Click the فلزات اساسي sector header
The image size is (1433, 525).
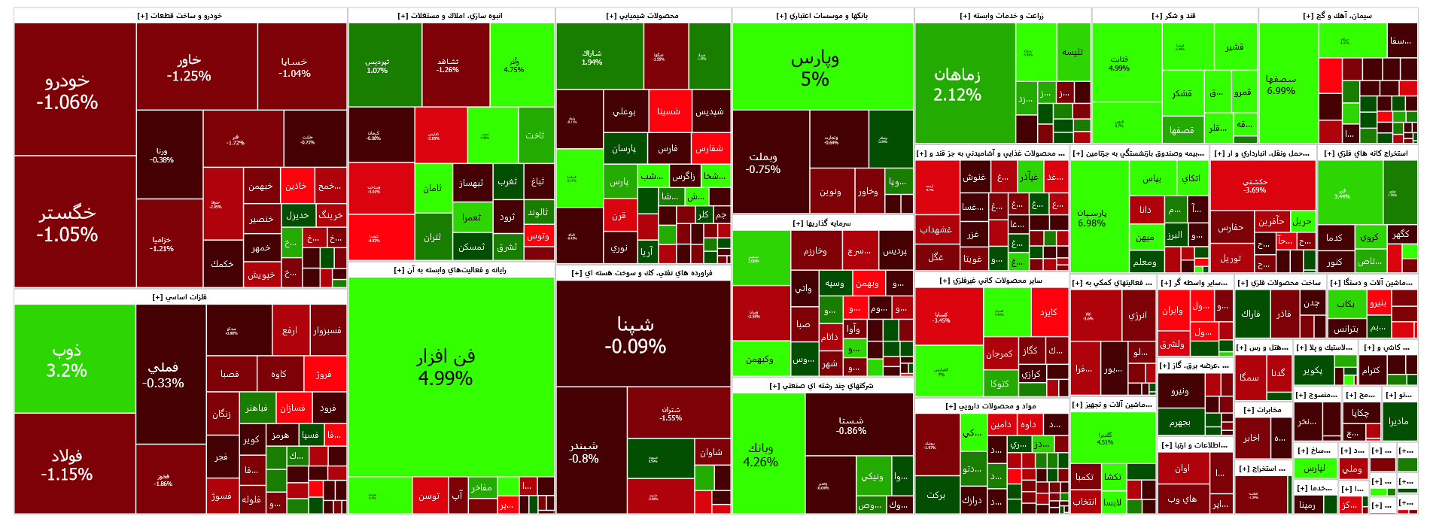point(180,297)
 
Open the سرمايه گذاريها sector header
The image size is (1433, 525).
point(822,223)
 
